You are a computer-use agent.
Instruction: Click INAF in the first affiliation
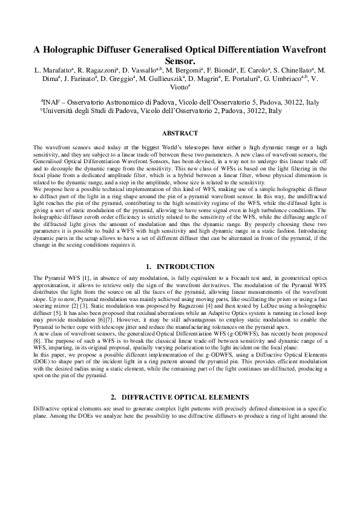[54, 103]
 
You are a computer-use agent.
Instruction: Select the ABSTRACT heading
[180, 133]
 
